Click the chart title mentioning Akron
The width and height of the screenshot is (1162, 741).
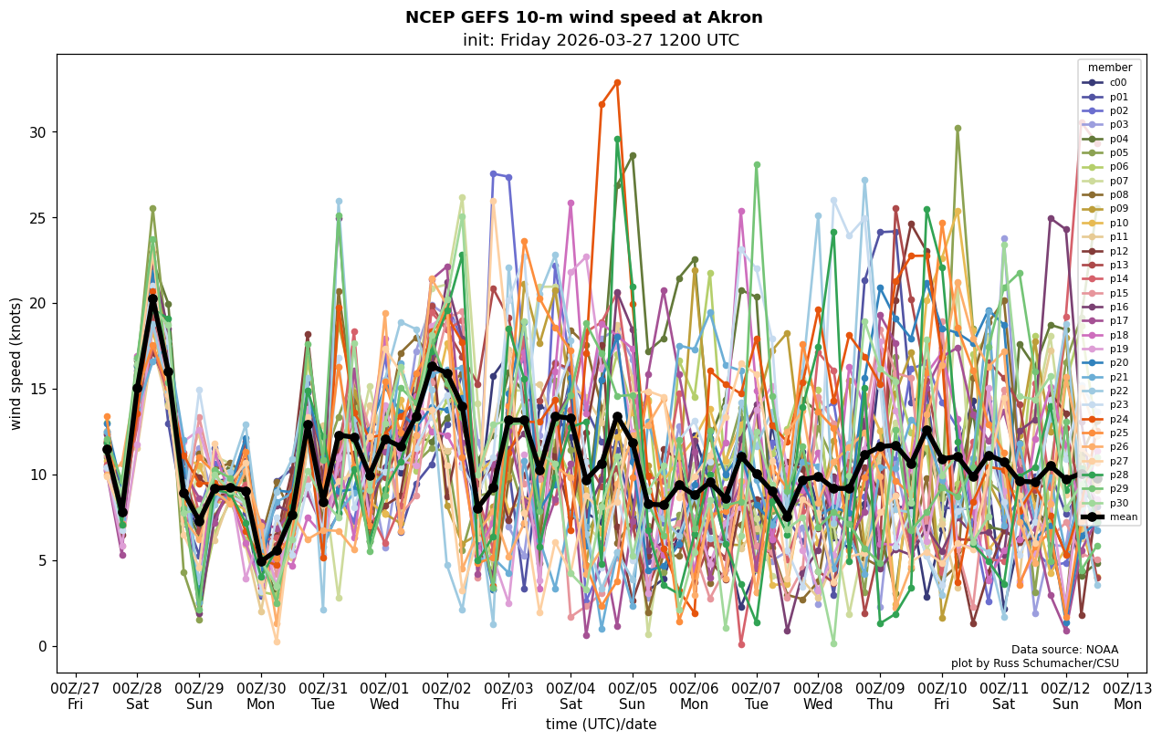(x=583, y=17)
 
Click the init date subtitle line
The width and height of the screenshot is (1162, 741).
(x=601, y=40)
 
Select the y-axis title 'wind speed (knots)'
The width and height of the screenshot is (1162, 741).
(x=16, y=363)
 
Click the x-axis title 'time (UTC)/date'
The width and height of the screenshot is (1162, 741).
(x=601, y=724)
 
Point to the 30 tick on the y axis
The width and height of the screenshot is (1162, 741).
(x=37, y=131)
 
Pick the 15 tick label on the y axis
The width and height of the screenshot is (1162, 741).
(x=37, y=389)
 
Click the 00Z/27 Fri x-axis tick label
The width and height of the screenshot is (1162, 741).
(x=75, y=697)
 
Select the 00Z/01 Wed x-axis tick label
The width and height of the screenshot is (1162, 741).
(x=384, y=697)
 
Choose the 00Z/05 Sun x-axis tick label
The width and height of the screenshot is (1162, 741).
(x=632, y=697)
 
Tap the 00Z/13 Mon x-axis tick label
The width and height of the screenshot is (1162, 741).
(x=1127, y=697)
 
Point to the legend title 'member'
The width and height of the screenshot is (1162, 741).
(x=1109, y=68)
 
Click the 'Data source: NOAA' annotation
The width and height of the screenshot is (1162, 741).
(x=1064, y=650)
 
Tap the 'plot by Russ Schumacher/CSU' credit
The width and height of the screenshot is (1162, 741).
(x=1034, y=663)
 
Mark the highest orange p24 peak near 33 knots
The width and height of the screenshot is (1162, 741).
(x=617, y=82)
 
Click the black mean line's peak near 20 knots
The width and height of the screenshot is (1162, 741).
(x=152, y=298)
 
